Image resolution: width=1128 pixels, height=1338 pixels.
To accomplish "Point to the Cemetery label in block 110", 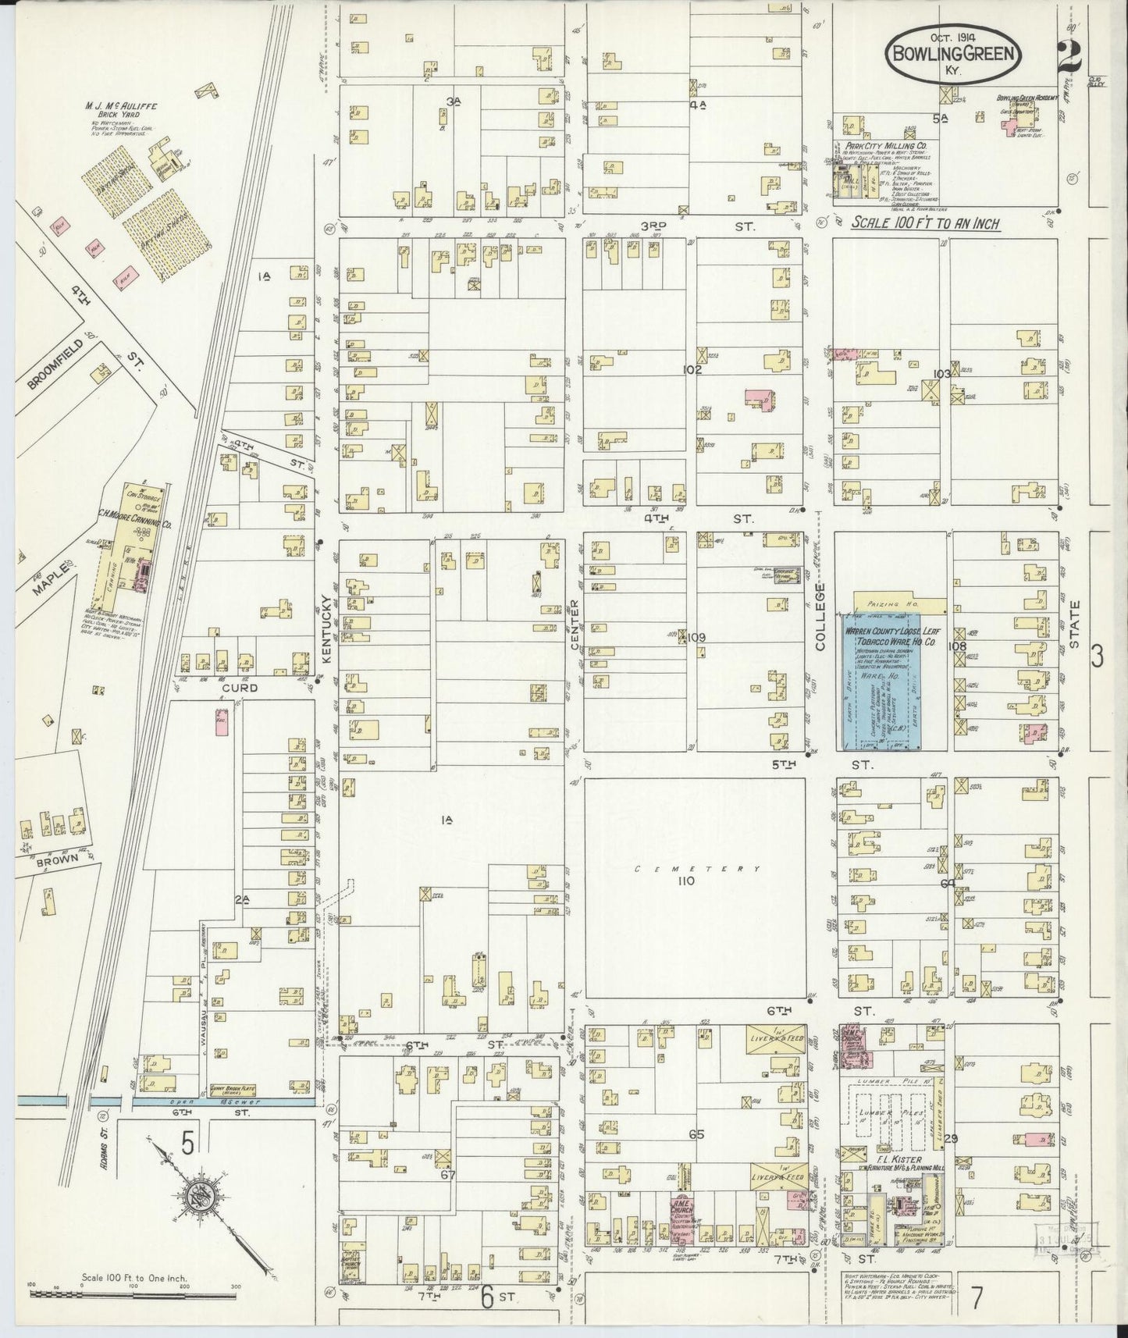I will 687,868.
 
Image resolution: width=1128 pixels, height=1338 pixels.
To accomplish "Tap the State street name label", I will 1075,624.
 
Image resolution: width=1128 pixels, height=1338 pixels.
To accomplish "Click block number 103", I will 941,374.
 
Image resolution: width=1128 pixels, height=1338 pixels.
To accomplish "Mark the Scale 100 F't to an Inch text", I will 925,223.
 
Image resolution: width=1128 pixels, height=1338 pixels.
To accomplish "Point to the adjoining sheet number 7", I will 977,1297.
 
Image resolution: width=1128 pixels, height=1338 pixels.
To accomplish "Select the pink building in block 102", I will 756,397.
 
